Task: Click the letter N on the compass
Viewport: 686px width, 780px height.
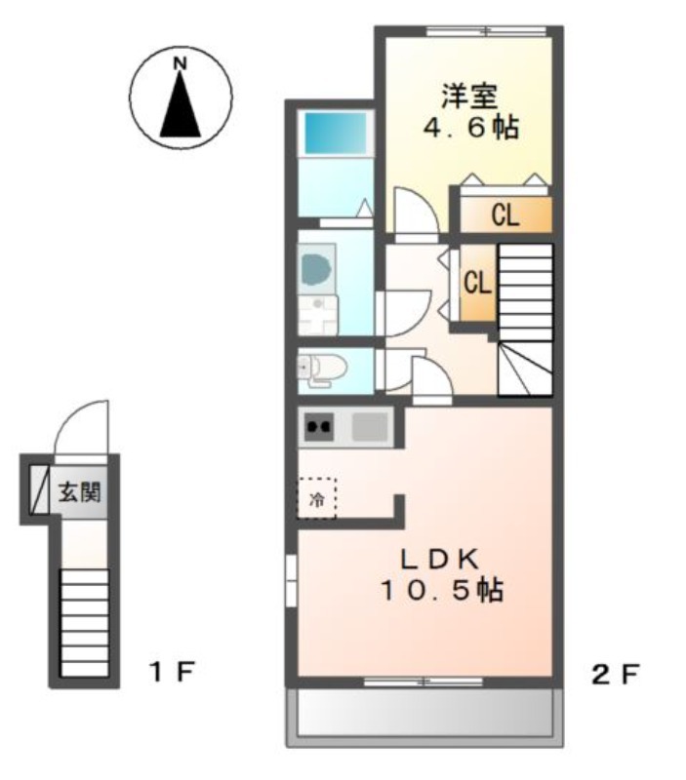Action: coord(180,64)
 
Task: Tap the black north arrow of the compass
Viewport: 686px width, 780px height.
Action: coord(181,104)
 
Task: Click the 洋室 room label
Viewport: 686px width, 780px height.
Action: coord(469,97)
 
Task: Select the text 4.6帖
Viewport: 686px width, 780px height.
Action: coord(470,128)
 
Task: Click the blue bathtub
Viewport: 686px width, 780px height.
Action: coord(335,133)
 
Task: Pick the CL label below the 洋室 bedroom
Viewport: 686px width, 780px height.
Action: coord(505,215)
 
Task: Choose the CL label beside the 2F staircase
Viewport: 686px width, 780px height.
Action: coord(477,283)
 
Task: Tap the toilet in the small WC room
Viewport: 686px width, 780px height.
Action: coord(322,370)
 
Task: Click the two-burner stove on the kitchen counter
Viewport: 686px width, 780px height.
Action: coord(319,427)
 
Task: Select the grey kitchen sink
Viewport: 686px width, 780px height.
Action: coord(370,427)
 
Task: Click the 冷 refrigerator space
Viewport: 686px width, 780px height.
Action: coord(316,498)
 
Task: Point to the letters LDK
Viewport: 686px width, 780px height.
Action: coord(439,560)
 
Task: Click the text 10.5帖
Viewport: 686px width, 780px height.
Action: coord(442,590)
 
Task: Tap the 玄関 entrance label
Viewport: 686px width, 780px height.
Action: coord(80,492)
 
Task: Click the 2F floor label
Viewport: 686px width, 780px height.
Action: coord(615,675)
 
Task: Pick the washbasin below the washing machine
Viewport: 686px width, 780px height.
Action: coord(317,315)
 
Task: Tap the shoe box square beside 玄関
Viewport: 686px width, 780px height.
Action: coord(39,489)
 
